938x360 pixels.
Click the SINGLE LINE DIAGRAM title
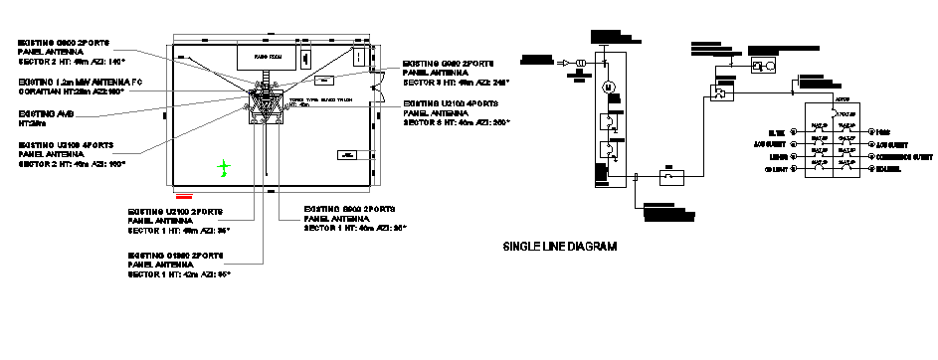[561, 246]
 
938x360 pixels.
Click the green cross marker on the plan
[225, 166]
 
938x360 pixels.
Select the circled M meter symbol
[606, 88]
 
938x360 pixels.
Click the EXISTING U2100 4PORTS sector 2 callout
[70, 153]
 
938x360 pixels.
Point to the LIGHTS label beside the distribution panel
[777, 156]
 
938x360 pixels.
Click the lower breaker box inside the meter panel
[606, 152]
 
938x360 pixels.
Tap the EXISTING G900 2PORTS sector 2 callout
[66, 53]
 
